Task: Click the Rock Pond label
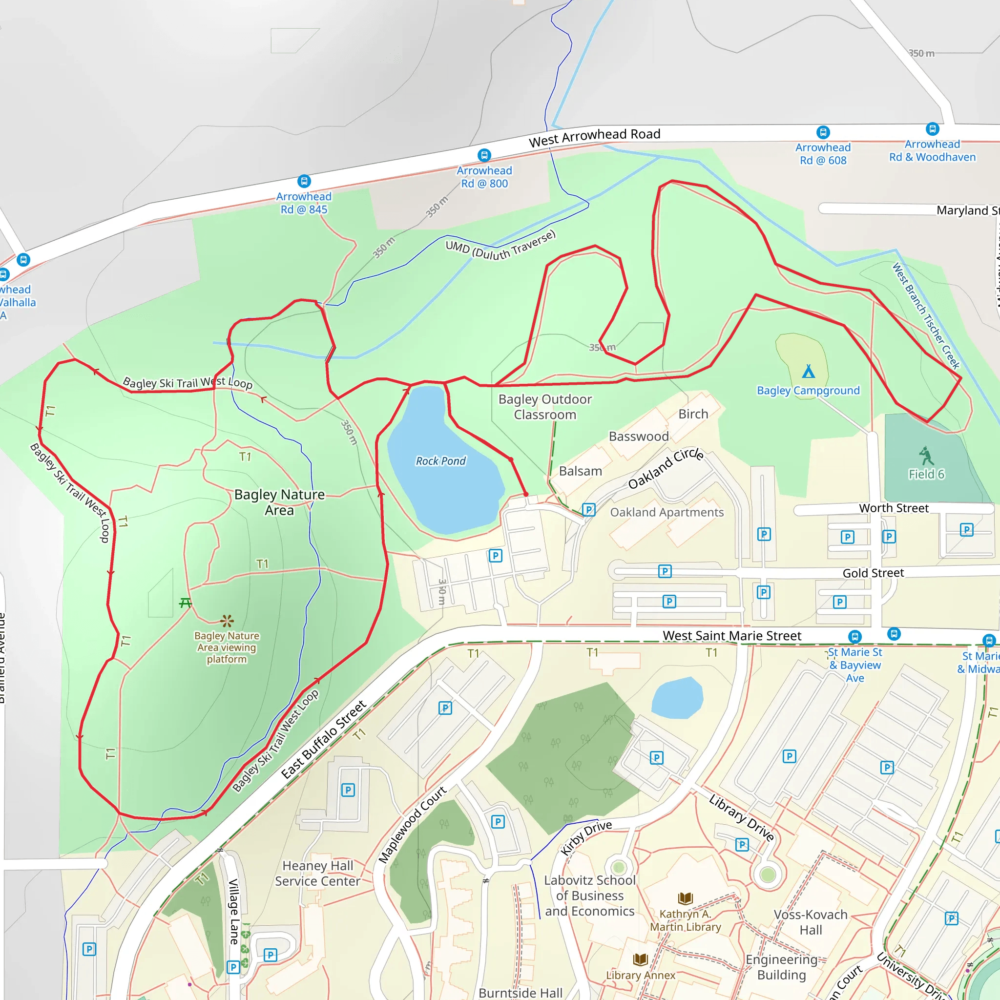[x=440, y=460]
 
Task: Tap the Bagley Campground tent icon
[x=809, y=371]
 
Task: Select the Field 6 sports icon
[x=926, y=456]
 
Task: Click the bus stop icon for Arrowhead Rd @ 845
[x=304, y=181]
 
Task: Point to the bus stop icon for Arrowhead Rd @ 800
[x=484, y=155]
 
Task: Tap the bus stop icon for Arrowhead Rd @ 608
[x=823, y=132]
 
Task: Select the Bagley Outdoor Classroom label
[x=544, y=407]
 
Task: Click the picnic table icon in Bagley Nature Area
[x=185, y=603]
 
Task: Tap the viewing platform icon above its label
[x=227, y=621]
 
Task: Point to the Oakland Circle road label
[x=666, y=468]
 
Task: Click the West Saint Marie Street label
[x=732, y=636]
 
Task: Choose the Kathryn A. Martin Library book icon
[x=685, y=898]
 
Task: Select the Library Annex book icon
[x=640, y=959]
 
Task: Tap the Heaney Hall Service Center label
[x=317, y=873]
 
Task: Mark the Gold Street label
[x=873, y=573]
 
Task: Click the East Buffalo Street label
[x=324, y=739]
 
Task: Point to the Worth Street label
[x=894, y=508]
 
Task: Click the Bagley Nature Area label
[x=279, y=502]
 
